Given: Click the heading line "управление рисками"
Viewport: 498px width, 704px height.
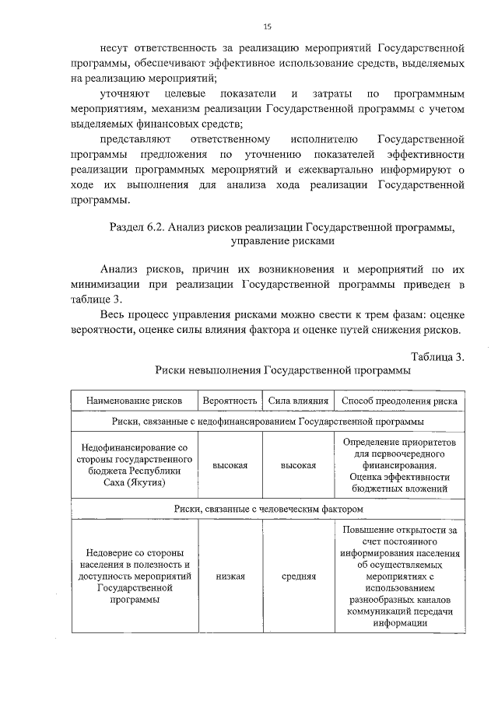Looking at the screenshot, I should [x=282, y=242].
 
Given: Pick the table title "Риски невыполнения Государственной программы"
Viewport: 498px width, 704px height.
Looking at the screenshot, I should [x=282, y=371].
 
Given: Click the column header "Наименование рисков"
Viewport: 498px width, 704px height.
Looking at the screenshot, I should [x=135, y=401].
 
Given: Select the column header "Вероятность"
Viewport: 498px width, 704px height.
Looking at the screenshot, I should [x=230, y=401].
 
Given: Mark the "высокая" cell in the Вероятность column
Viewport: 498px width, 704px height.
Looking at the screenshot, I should [x=230, y=465].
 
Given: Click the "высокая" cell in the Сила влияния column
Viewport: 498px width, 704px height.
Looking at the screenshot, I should [x=298, y=465].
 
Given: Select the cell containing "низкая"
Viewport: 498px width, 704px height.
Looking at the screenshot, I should [x=230, y=576].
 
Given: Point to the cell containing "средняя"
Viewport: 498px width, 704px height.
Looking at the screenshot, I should [x=298, y=576].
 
